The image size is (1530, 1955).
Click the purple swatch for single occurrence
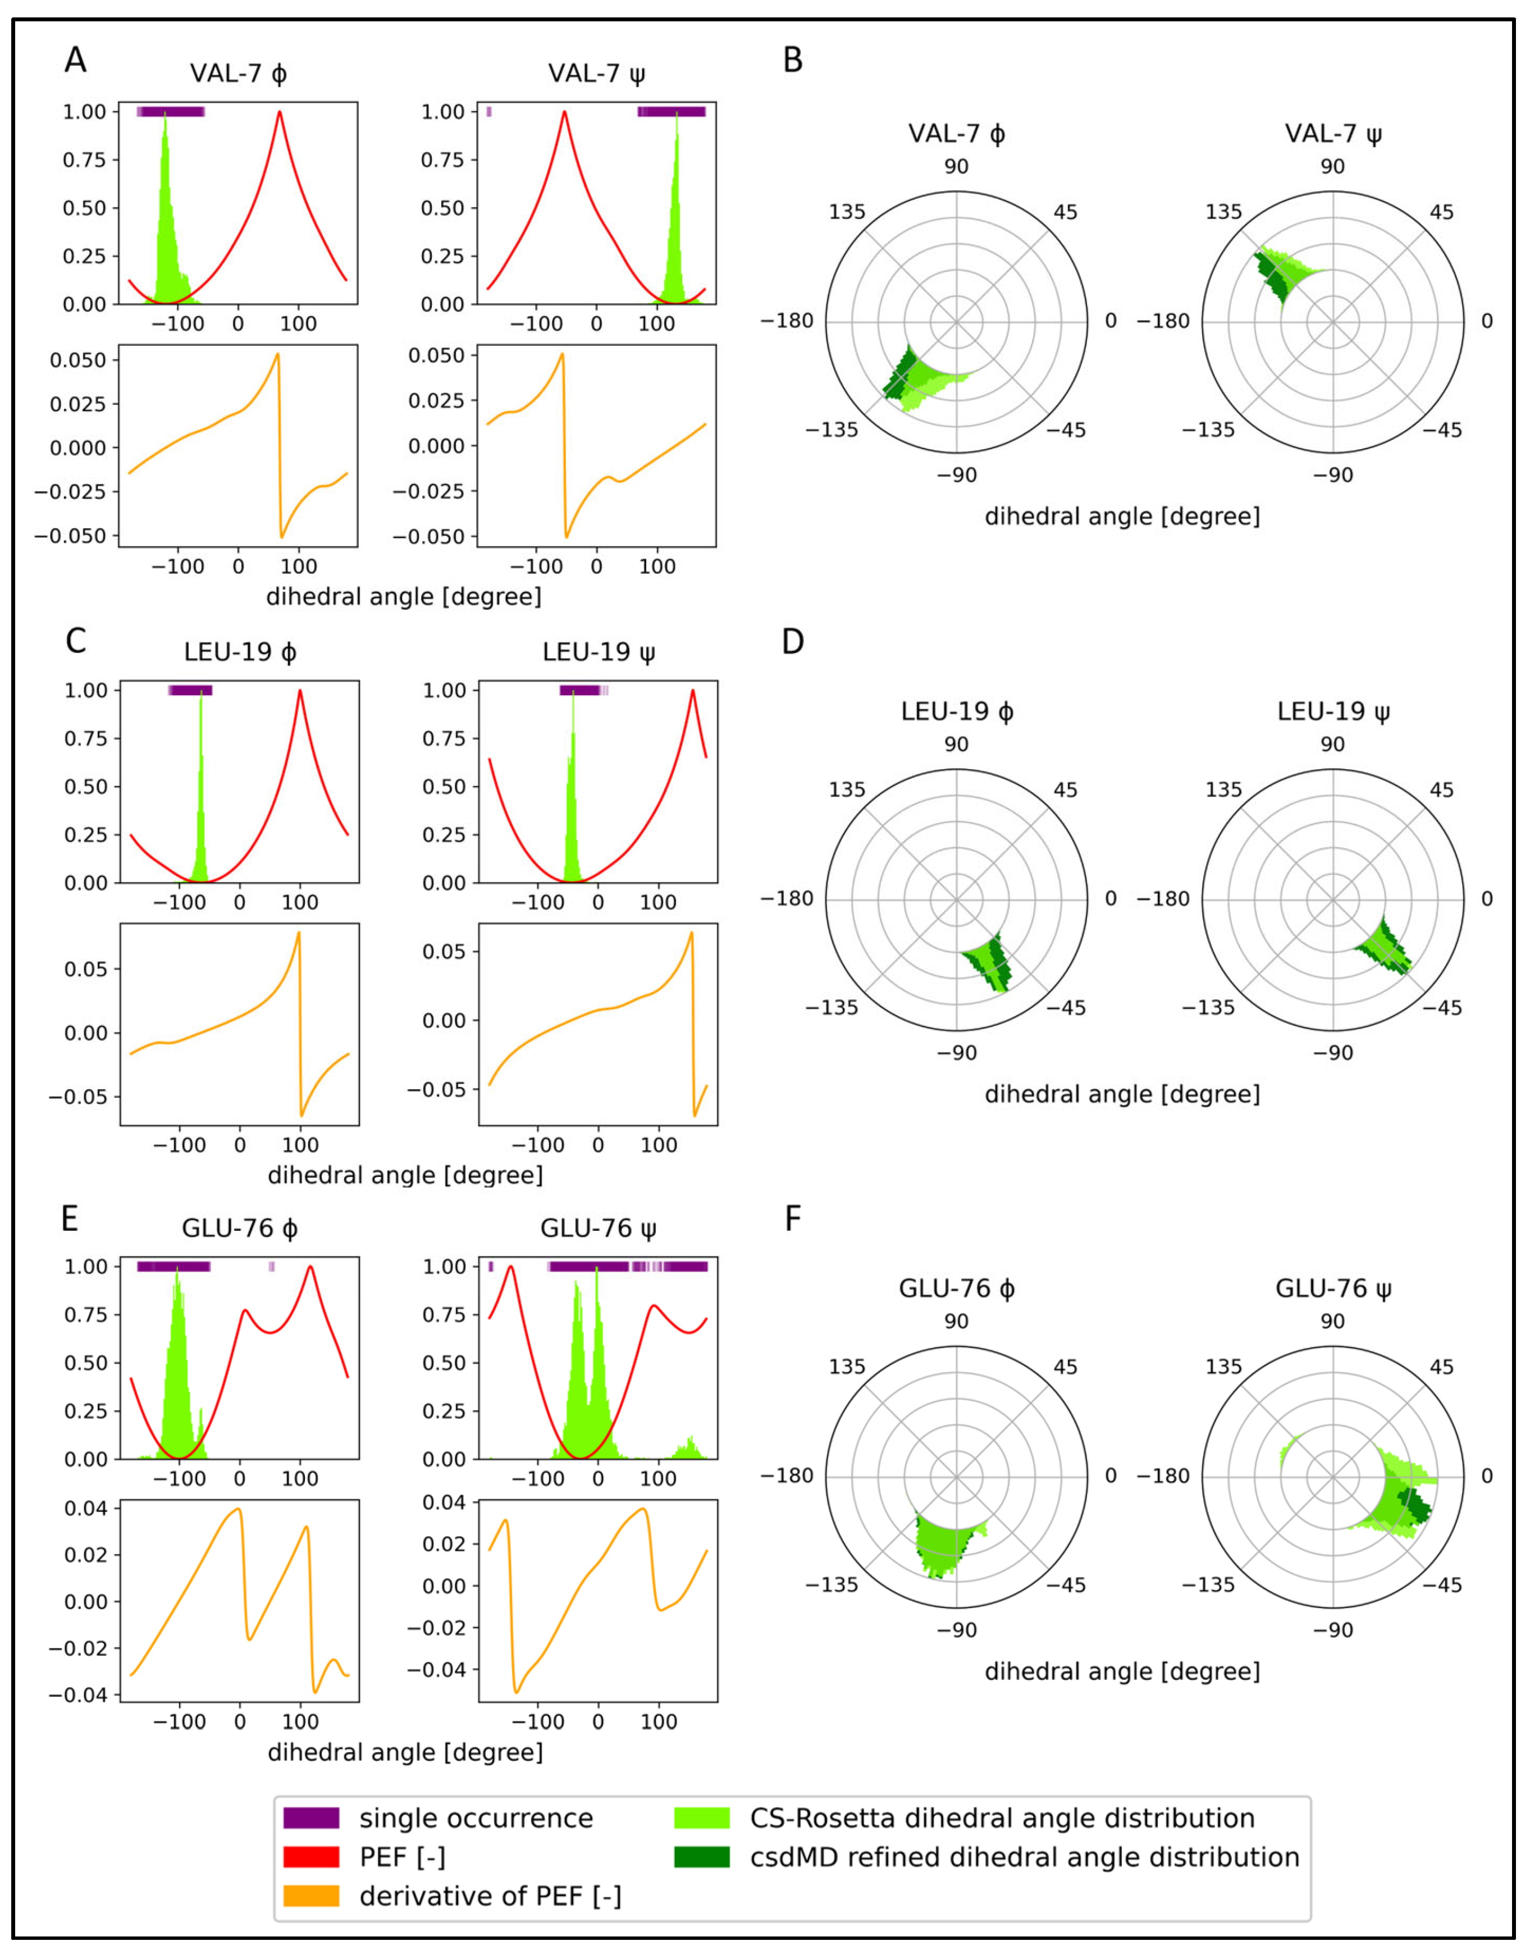click(311, 1818)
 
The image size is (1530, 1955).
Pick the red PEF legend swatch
click(311, 1857)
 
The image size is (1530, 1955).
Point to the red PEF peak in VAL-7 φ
click(280, 113)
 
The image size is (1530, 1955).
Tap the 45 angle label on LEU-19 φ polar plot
click(1065, 790)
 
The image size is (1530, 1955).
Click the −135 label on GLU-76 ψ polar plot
click(1208, 1584)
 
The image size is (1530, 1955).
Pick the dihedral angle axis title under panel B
click(1121, 517)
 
